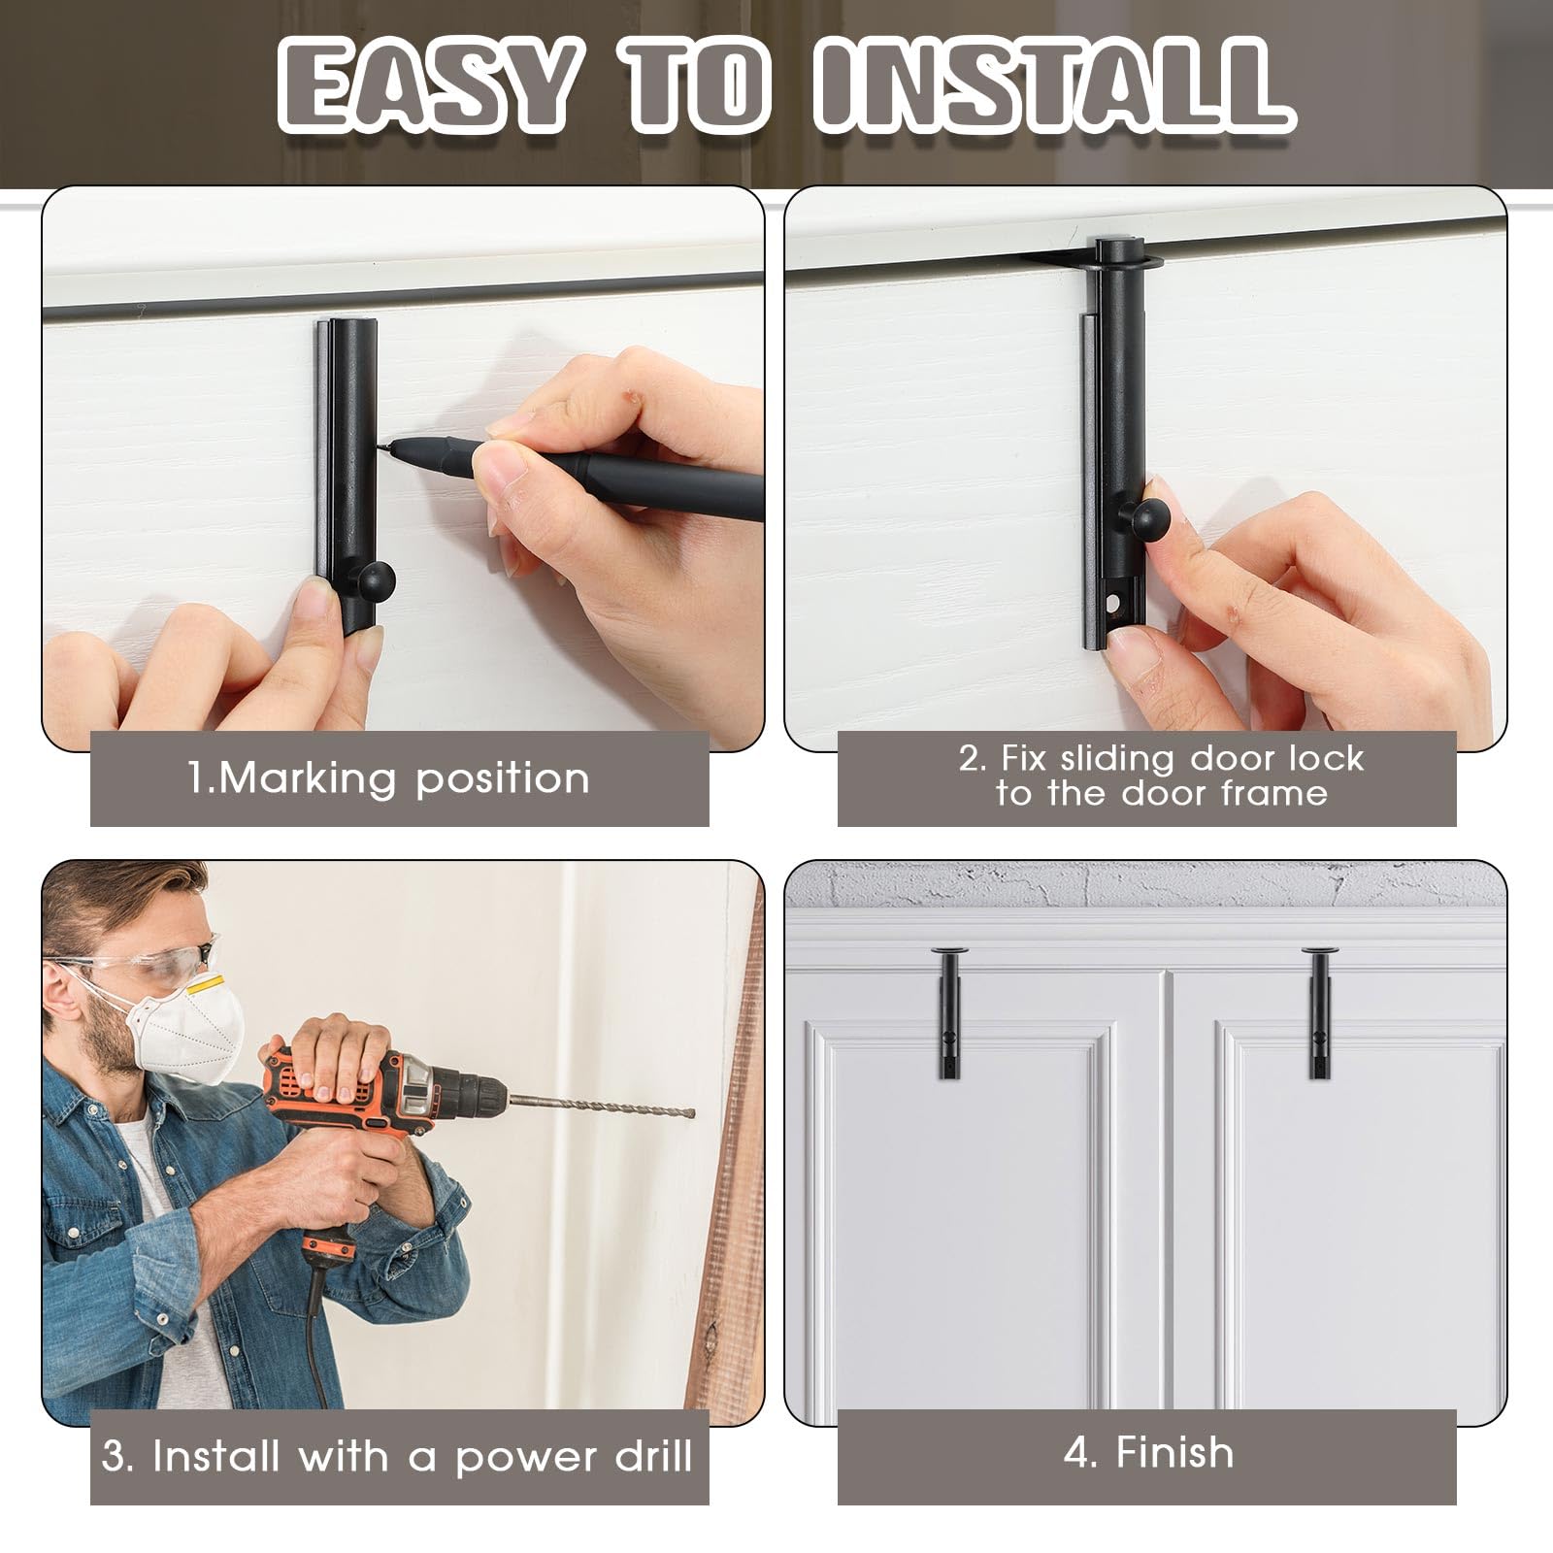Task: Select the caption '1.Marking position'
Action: pos(389,778)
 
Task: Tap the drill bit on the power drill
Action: pos(602,1106)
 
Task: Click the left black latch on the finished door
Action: pos(947,1013)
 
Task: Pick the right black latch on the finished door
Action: pos(1318,1013)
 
